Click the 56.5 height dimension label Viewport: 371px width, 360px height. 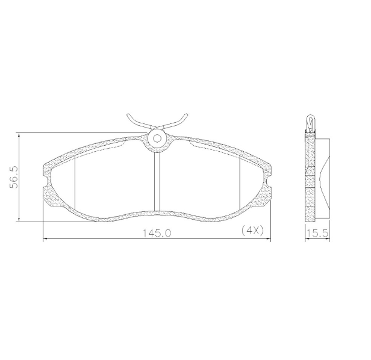pyautogui.click(x=14, y=177)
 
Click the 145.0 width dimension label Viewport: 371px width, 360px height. pyautogui.click(x=157, y=234)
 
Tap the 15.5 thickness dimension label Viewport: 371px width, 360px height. pyautogui.click(x=317, y=234)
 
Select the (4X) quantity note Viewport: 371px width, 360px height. pyautogui.click(x=252, y=230)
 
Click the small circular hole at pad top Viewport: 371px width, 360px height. pyautogui.click(x=157, y=138)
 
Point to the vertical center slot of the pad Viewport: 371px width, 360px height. pyautogui.click(x=157, y=182)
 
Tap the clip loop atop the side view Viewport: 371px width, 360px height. pyautogui.click(x=310, y=123)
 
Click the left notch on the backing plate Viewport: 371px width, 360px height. pyautogui.click(x=47, y=181)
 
